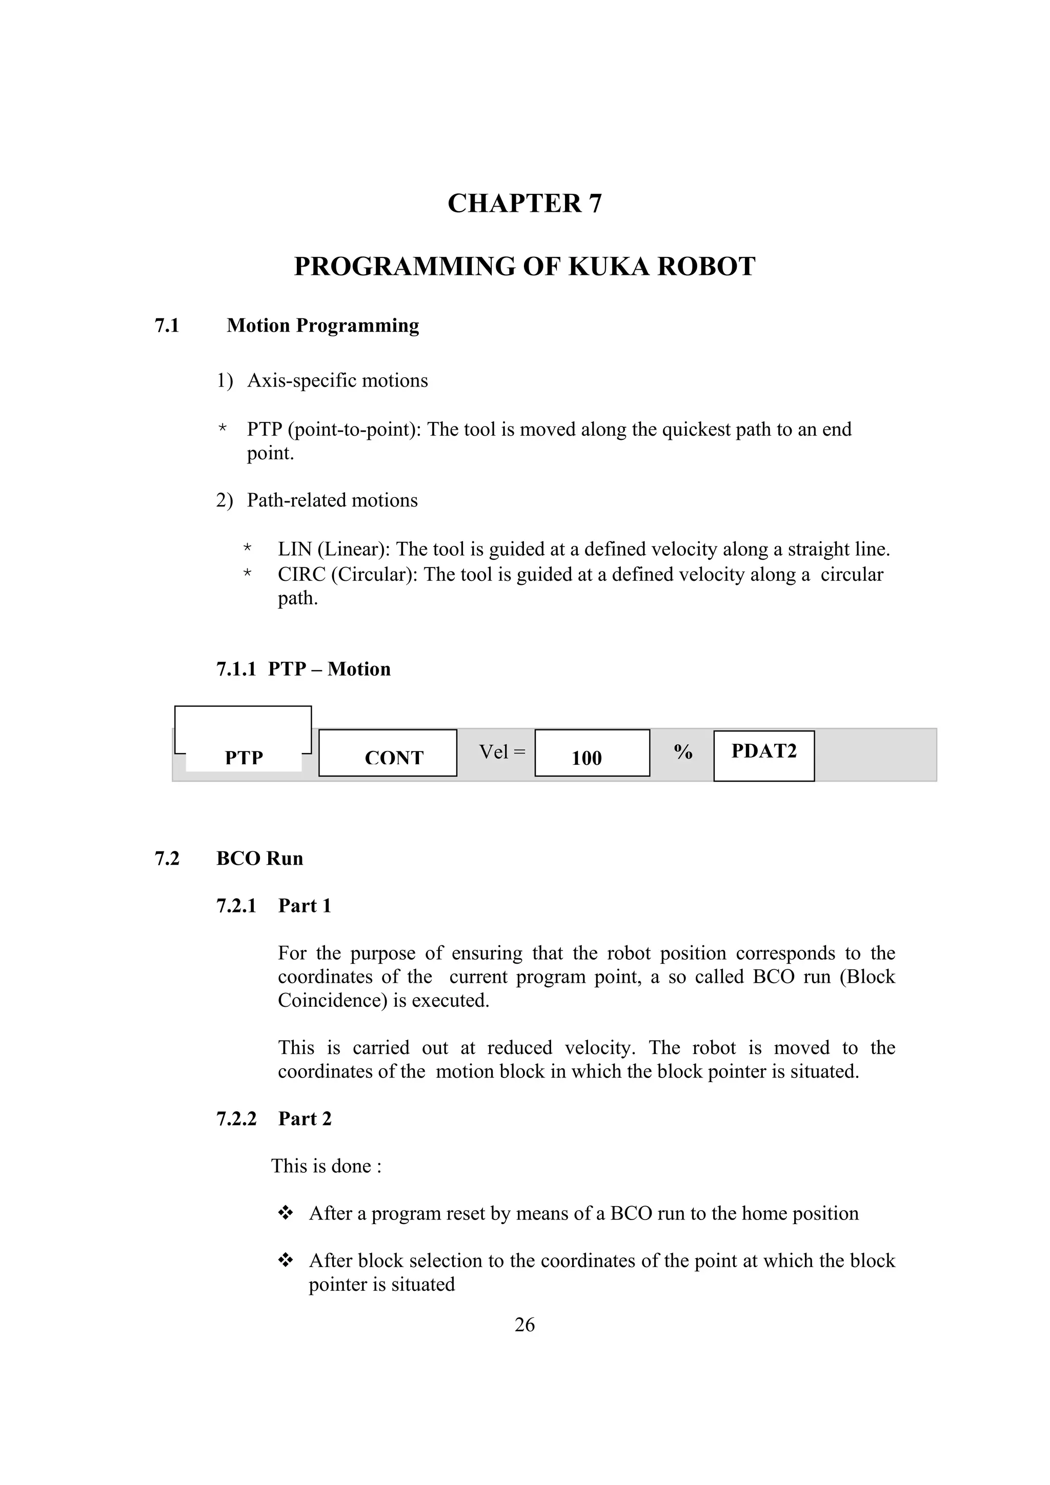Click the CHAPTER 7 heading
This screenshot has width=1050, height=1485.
pos(524,203)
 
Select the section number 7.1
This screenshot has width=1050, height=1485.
pos(167,326)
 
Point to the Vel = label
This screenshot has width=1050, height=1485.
pos(501,751)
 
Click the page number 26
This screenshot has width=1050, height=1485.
pos(524,1325)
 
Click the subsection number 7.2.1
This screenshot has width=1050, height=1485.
pos(236,906)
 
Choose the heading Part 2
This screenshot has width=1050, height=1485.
pos(305,1119)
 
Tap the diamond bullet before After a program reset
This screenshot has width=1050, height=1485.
pos(285,1213)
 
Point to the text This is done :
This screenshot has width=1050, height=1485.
pos(326,1166)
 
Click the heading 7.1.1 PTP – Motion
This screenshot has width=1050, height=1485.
pos(303,669)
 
